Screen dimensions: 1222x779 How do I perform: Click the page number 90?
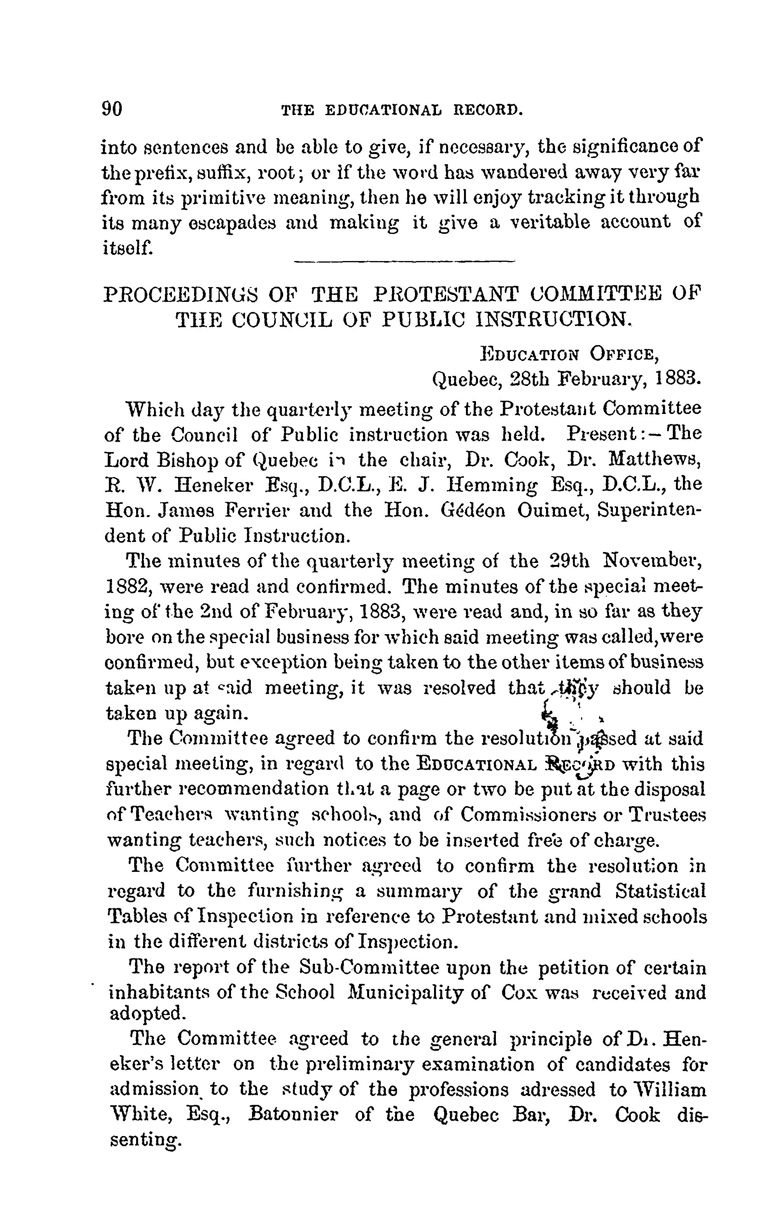click(112, 109)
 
